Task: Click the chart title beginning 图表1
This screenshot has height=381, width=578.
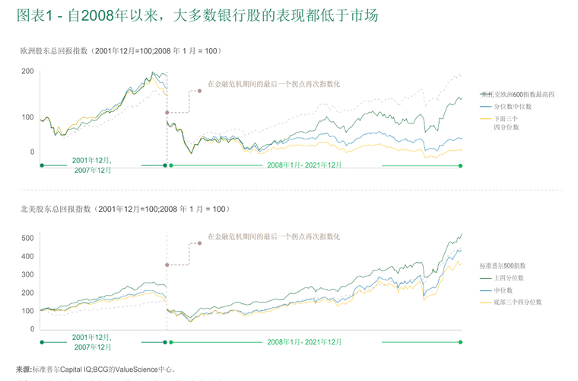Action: (x=195, y=15)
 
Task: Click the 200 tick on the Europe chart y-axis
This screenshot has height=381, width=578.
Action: (x=27, y=72)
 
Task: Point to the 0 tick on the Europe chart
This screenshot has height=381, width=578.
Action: (x=32, y=152)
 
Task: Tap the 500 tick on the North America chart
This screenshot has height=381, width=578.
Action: (x=27, y=239)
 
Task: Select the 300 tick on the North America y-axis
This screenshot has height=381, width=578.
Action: (x=27, y=274)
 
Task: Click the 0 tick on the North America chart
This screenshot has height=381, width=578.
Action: (x=32, y=328)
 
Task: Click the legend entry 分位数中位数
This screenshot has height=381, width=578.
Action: (x=512, y=107)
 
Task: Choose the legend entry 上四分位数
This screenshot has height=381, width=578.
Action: (x=509, y=278)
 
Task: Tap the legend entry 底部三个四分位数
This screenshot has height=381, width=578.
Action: (x=517, y=303)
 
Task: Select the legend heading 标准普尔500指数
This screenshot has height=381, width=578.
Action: (x=502, y=265)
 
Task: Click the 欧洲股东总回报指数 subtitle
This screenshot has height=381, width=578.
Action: (x=120, y=51)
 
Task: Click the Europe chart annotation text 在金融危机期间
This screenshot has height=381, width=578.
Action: (x=274, y=84)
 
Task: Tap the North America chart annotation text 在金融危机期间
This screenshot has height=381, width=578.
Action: (x=274, y=237)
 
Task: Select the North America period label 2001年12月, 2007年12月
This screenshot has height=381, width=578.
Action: (x=93, y=341)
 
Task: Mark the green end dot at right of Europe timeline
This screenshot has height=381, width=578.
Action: (x=461, y=165)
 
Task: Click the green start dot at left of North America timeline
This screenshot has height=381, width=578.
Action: (x=41, y=342)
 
